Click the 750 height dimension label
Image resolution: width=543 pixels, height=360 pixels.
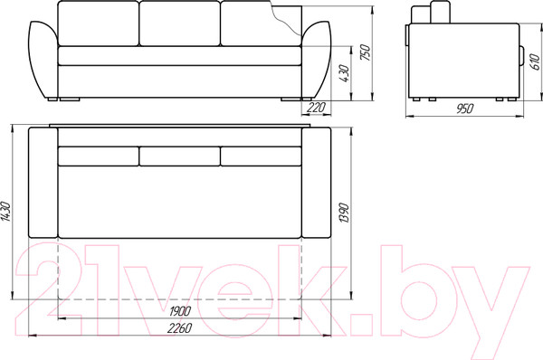coord(366,52)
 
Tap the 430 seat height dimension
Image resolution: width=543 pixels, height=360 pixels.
coord(345,73)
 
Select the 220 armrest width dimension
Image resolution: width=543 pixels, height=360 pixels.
coord(317,108)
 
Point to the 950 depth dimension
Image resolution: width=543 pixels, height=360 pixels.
coord(464,109)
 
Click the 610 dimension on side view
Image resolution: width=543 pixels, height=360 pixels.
coord(536,62)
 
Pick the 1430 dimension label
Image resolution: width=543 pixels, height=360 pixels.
coord(6,211)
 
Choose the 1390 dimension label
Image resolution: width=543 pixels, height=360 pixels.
coord(345,213)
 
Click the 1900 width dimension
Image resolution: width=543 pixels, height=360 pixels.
coord(180,311)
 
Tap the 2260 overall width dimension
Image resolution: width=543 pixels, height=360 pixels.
coord(180,327)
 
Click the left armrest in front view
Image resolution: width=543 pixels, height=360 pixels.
coord(42,59)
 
